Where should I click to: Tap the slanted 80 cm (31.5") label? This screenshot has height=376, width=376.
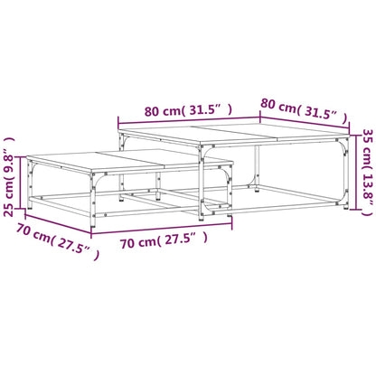pyautogui.click(x=304, y=109)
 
